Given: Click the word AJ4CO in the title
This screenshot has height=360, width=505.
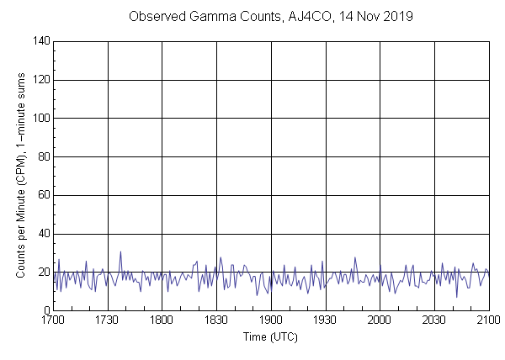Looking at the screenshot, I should [x=297, y=17].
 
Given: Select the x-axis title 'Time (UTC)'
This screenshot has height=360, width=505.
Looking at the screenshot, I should [x=270, y=336].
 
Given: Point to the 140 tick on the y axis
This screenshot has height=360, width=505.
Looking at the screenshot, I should [x=40, y=41].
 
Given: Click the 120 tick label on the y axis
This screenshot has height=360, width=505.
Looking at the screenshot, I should [x=40, y=80].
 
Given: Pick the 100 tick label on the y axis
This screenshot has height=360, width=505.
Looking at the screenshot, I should [x=40, y=119].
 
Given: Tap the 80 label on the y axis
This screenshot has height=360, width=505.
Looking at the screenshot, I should [x=42, y=157].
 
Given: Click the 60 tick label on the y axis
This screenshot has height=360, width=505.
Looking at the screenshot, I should [x=42, y=196].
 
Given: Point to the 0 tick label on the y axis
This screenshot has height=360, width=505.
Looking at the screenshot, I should [x=45, y=310].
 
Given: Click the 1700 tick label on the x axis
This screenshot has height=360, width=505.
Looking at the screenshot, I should [x=53, y=320].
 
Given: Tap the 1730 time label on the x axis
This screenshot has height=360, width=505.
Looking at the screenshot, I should [x=108, y=320].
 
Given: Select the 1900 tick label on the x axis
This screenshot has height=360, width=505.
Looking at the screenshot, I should [x=271, y=320].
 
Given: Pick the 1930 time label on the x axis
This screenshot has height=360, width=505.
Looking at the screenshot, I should [x=326, y=320].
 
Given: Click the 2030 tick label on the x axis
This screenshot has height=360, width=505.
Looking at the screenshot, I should [x=434, y=320].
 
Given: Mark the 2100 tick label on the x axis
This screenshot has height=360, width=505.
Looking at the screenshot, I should [x=489, y=320].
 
